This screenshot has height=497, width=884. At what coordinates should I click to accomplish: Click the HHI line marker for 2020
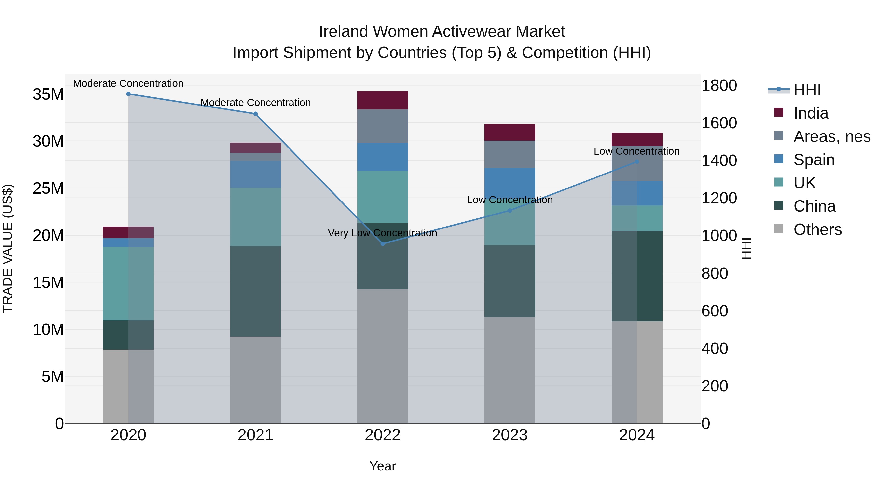coord(128,94)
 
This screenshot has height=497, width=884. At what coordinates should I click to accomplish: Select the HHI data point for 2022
coord(383,243)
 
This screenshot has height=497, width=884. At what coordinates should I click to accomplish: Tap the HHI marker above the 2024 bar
coord(637,161)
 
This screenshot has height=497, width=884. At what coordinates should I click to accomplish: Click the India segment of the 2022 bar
coord(383,100)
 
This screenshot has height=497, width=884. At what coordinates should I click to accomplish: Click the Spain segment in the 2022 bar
coord(383,157)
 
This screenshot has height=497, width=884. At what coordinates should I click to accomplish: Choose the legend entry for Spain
coord(814,160)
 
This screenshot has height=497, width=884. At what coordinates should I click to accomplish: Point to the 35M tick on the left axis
coord(48,94)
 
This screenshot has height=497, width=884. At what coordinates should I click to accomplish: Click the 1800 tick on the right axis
coord(719,85)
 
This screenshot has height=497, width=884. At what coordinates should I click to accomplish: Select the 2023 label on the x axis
coord(510,435)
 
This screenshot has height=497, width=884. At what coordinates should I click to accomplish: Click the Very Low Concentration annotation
coord(382,233)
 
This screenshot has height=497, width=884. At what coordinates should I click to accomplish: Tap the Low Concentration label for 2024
coord(636,151)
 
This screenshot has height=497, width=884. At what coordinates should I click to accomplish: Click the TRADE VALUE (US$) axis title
coord(8,248)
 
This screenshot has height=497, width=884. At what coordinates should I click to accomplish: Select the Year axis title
coord(382,466)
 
